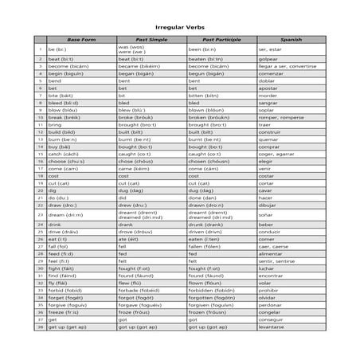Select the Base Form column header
click(80, 39)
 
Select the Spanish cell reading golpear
click(268, 59)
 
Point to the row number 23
click(40, 215)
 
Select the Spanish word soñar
click(266, 215)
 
